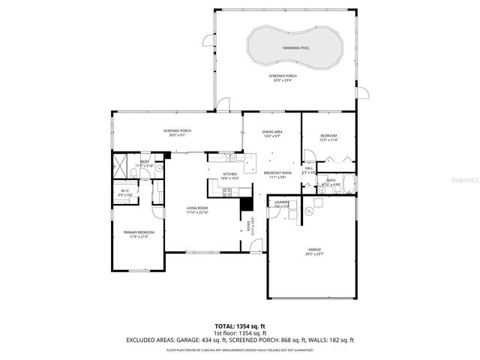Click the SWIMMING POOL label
point(295,47)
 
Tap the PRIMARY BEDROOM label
point(139,232)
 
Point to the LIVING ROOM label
point(197,208)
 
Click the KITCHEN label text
point(229,174)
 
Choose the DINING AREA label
point(271,132)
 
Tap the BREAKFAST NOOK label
point(276,173)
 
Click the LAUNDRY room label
point(281,202)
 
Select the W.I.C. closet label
point(126,190)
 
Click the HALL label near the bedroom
point(308,169)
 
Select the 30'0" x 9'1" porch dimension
point(178,136)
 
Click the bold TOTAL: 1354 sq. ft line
point(241,327)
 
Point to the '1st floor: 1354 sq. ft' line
point(241,334)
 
